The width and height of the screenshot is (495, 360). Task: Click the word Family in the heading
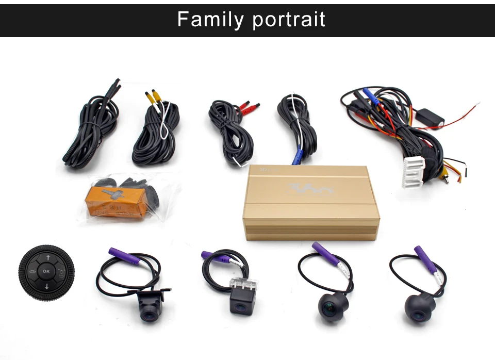point(210,20)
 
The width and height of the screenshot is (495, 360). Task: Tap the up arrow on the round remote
point(46,256)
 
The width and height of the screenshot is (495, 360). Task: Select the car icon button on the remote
point(32,270)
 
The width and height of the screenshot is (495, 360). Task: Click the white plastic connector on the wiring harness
point(414,173)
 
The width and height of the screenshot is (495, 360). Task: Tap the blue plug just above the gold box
point(296,159)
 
